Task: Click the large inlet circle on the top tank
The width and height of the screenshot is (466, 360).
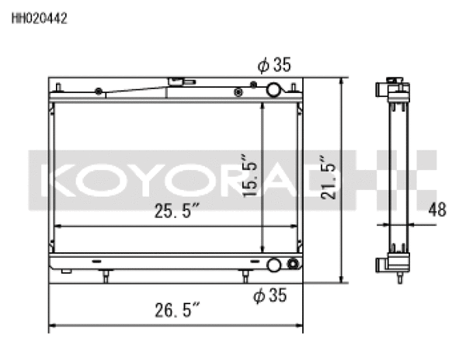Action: click(274, 91)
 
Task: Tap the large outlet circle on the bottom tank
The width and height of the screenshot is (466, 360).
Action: click(274, 265)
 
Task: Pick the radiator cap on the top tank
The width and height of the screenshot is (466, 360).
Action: click(177, 81)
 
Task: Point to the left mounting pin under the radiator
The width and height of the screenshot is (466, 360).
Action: click(106, 276)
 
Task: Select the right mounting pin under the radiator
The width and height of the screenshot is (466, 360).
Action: click(245, 276)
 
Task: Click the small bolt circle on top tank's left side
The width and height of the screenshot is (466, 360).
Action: click(98, 92)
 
